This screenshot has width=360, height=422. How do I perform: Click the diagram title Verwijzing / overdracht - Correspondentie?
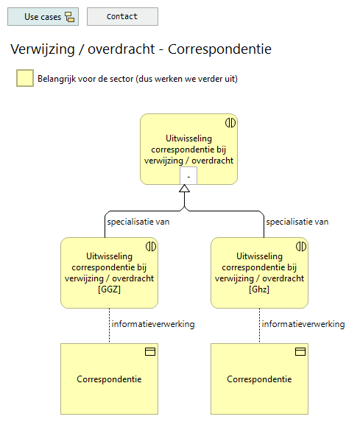pos(141,50)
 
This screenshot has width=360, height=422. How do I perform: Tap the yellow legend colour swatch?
pos(25,78)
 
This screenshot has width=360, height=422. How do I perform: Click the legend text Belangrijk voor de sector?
pos(137,78)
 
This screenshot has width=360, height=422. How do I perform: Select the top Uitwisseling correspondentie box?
pos(188,144)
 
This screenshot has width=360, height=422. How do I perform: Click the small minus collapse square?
pos(188,176)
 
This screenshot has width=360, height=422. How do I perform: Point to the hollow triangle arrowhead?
pos(185,189)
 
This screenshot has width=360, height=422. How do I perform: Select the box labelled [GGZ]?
pos(109,272)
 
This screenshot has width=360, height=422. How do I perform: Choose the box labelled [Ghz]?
pos(259,272)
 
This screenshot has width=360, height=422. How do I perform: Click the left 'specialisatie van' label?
pos(134,221)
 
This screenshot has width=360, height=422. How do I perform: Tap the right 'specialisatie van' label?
pos(297,221)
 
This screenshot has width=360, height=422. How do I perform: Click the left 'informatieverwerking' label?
pos(152,324)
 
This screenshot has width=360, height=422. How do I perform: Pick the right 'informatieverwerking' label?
pos(303,324)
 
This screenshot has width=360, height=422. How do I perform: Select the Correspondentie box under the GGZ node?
pos(109,379)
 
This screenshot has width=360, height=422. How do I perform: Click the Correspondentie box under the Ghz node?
pos(259,379)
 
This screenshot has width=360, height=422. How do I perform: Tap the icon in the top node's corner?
pos(230,122)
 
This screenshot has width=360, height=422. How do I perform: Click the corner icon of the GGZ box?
pos(151,246)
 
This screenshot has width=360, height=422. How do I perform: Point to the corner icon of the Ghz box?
pos(300,246)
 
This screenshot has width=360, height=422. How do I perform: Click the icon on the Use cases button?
pos(70,16)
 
